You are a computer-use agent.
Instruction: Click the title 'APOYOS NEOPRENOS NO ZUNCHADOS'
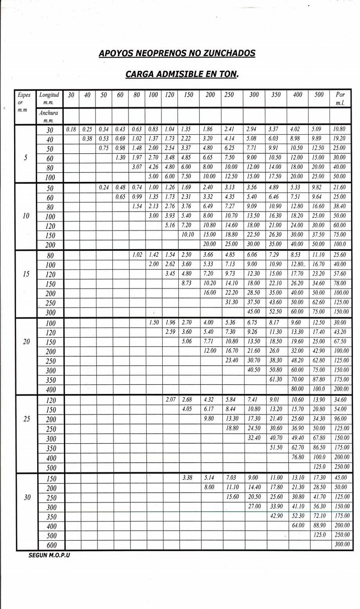tap(177, 53)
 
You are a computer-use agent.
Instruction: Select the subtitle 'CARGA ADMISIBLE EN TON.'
tap(182, 74)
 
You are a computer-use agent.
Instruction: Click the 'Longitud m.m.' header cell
tap(49, 98)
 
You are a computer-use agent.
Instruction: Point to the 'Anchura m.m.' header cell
tap(49, 117)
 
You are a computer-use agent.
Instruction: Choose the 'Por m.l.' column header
tap(340, 98)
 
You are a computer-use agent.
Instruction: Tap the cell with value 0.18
tap(71, 130)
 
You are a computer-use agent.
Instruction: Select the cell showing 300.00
tap(340, 545)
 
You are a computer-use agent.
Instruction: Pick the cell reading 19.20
tap(340, 139)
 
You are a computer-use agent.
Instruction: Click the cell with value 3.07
tap(137, 167)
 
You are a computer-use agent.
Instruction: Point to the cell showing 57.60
tap(340, 274)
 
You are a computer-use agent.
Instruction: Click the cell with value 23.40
tap(232, 361)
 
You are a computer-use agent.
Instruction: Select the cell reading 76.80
tap(298, 457)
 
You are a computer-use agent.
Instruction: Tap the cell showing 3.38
tap(188, 478)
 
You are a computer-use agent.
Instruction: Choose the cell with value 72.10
tap(319, 516)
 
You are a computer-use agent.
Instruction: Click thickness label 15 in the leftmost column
tap(26, 274)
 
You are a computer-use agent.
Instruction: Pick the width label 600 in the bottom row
tap(51, 545)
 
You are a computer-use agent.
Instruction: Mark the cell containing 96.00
tap(340, 419)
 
